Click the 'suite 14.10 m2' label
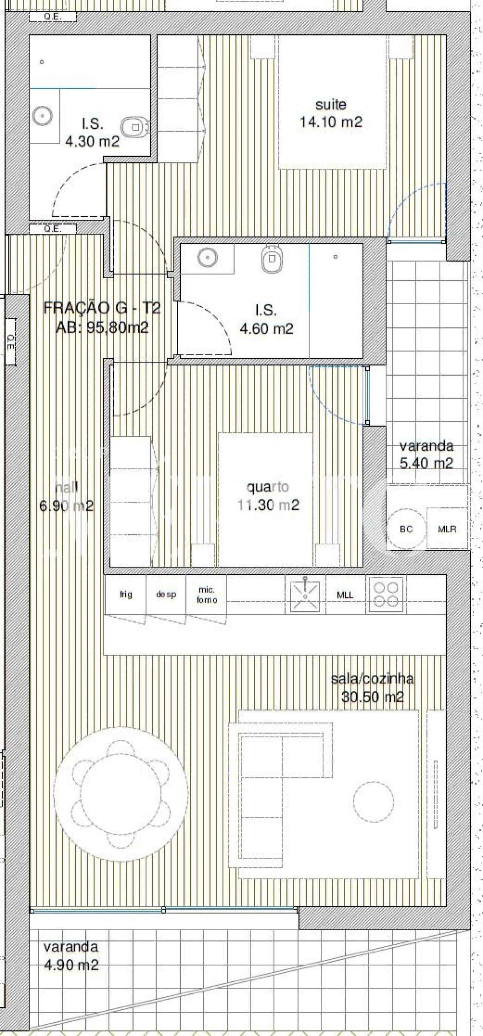[331, 113]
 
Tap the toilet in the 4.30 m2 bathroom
[135, 127]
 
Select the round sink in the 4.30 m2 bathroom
[43, 116]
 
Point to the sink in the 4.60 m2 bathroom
[207, 256]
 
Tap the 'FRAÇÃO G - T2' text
[102, 308]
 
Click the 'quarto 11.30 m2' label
[268, 496]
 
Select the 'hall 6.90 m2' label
[66, 497]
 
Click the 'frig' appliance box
[126, 594]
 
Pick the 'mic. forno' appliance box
[206, 594]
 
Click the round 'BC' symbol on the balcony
[406, 529]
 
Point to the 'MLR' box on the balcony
[447, 529]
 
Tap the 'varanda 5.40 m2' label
[426, 455]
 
